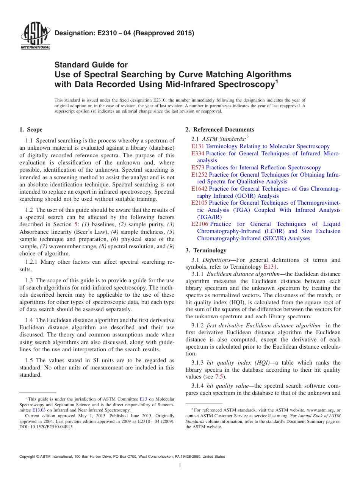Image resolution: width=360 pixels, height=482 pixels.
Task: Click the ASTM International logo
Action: (x=35, y=37)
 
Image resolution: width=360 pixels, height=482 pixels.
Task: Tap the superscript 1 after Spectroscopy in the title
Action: (x=277, y=81)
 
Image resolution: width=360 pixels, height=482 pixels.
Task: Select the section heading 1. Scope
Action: (x=31, y=130)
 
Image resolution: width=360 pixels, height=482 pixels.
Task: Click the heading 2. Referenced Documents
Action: (x=220, y=130)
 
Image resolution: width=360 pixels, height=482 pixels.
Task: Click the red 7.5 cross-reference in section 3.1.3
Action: (x=219, y=377)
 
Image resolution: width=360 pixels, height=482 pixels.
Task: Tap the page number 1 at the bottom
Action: (x=180, y=466)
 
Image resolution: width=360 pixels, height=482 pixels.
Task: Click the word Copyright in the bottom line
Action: (x=28, y=457)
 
